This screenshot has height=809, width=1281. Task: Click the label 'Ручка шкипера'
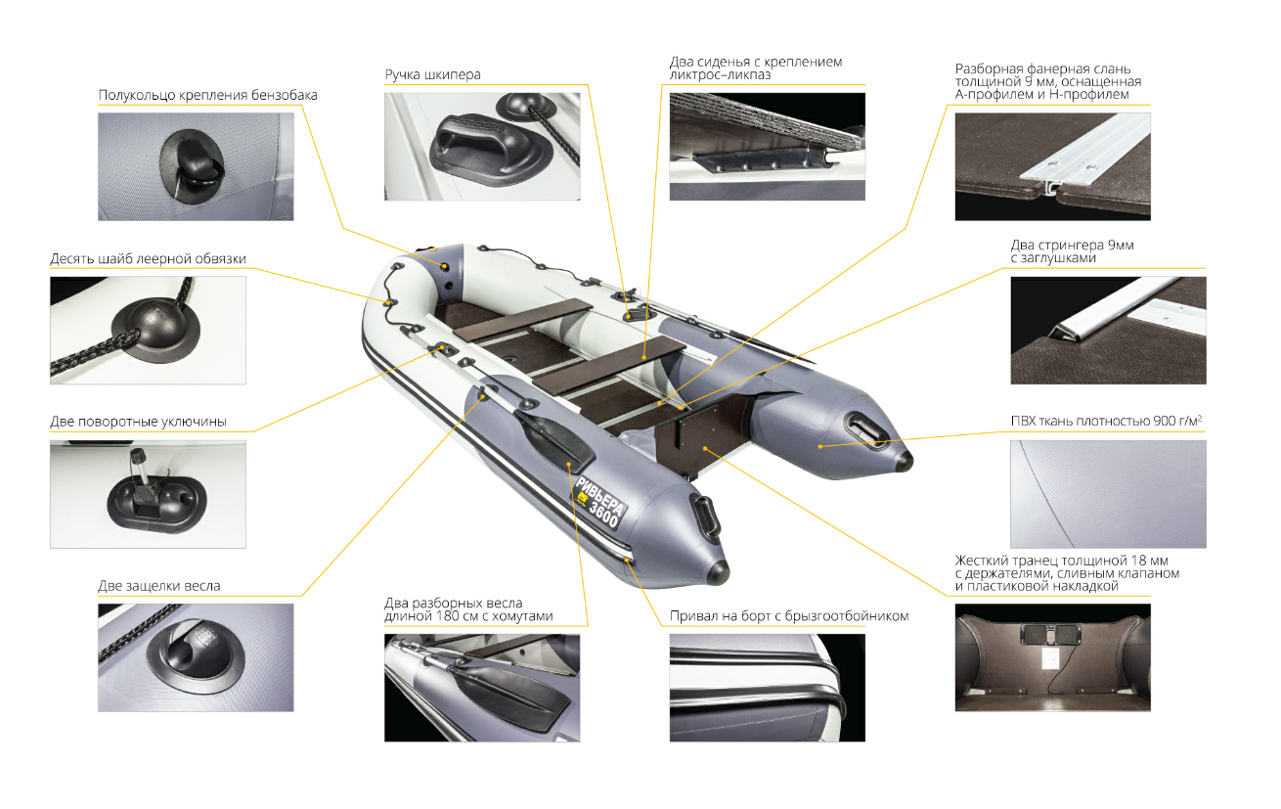point(432,75)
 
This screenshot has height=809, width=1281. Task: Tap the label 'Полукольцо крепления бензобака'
point(207,95)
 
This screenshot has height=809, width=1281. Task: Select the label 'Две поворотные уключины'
point(139,422)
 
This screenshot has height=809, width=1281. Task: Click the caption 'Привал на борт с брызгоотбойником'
point(789,616)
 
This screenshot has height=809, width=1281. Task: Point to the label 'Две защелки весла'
point(159,586)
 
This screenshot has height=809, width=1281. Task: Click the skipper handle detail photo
point(482,147)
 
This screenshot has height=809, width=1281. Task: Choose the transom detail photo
point(1053,657)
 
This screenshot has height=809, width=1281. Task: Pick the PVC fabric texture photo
point(1108,494)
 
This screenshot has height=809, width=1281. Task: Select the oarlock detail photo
point(148,494)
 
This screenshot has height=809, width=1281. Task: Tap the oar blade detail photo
point(482,688)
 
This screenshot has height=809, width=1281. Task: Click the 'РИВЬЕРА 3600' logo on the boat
point(601,503)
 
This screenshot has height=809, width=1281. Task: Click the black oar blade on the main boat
point(554,439)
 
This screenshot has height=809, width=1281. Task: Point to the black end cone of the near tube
point(719,571)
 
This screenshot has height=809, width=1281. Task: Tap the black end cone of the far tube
point(904,460)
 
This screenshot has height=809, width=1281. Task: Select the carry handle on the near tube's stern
point(706,517)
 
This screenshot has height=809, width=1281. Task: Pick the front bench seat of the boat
point(523,320)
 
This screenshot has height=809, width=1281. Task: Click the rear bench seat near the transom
point(608,366)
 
